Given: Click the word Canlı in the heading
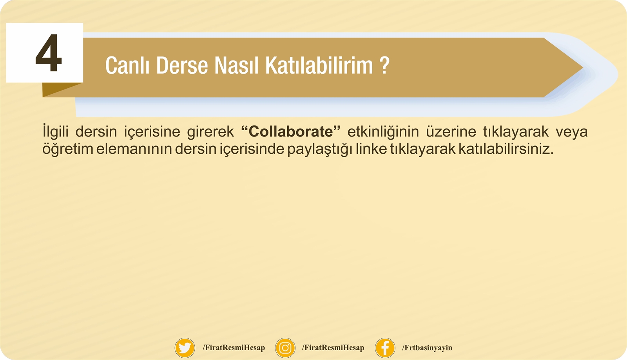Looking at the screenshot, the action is [127, 65].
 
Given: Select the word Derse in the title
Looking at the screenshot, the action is [182, 65].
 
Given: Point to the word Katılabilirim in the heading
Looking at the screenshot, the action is [319, 65].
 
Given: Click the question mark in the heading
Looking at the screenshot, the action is [385, 65].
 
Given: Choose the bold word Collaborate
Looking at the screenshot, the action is [290, 131].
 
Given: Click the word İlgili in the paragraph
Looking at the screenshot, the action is [55, 131].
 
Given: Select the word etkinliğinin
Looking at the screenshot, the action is [383, 131].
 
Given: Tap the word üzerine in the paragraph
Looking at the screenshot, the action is [451, 131].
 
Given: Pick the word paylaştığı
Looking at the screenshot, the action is [320, 149].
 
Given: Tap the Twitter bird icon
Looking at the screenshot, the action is [185, 348].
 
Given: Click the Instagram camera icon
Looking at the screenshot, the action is [285, 348].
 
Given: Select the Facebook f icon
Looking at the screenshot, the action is [385, 348].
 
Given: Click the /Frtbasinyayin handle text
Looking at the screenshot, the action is [427, 348].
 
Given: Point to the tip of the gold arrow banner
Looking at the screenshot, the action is [583, 67].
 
